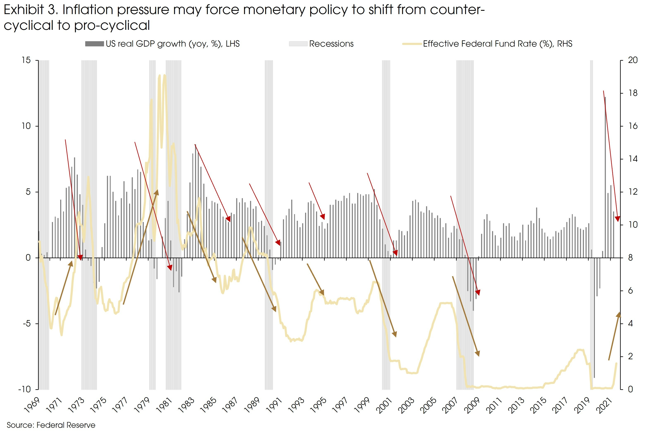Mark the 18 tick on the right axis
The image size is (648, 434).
tap(633, 93)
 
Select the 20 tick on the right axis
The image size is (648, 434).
tap(633, 60)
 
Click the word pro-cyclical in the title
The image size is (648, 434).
tap(112, 25)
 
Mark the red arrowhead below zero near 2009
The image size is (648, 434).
tap(478, 293)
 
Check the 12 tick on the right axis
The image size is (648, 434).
tap(633, 192)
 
